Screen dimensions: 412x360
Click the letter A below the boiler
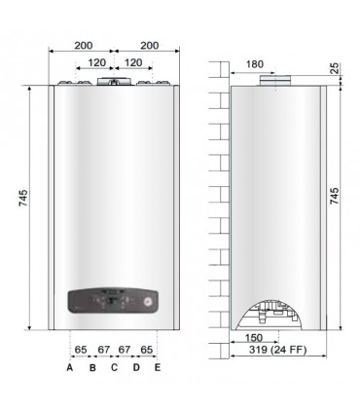point(70,367)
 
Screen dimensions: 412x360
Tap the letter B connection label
point(92,367)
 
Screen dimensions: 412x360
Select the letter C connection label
point(114,367)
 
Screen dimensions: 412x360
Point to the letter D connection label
point(136,367)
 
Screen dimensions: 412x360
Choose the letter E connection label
point(158,367)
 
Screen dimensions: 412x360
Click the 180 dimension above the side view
point(254,64)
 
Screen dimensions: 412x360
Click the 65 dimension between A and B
point(81,348)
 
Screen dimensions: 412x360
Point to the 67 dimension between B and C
point(103,348)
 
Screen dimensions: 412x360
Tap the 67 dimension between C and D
point(125,348)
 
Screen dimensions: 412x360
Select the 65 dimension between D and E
point(147,348)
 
